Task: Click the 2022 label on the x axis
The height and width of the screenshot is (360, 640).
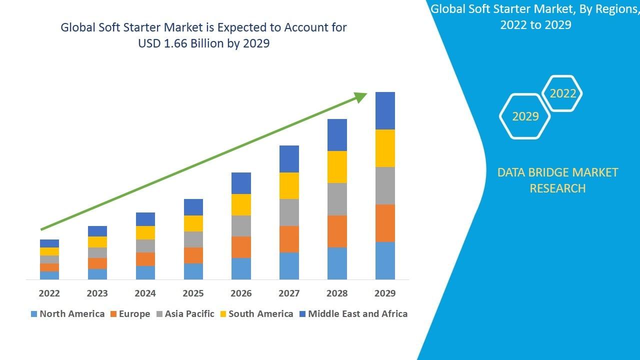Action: (x=49, y=293)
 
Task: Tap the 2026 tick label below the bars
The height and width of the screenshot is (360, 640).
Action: (x=241, y=293)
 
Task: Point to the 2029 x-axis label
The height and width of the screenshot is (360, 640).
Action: (x=385, y=293)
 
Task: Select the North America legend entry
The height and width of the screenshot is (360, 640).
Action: (x=67, y=314)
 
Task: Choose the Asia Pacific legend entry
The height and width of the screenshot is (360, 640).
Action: (x=185, y=314)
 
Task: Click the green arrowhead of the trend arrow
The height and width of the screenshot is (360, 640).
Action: (x=360, y=97)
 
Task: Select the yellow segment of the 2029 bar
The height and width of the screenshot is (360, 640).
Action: (x=385, y=148)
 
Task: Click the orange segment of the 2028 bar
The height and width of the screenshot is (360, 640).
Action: (x=337, y=231)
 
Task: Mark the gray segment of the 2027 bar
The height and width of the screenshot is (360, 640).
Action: (x=289, y=212)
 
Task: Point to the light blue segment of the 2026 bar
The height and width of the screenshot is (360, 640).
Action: (x=241, y=268)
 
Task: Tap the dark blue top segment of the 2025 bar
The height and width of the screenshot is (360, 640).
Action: (x=193, y=207)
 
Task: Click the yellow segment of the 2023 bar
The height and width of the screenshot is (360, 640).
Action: (x=97, y=242)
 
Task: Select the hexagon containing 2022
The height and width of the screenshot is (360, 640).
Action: (x=562, y=93)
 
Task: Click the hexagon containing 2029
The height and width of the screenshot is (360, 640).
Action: (x=525, y=116)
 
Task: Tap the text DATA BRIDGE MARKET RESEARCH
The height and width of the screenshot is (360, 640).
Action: (x=557, y=180)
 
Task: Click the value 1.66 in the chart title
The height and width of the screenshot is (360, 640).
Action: (x=184, y=43)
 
